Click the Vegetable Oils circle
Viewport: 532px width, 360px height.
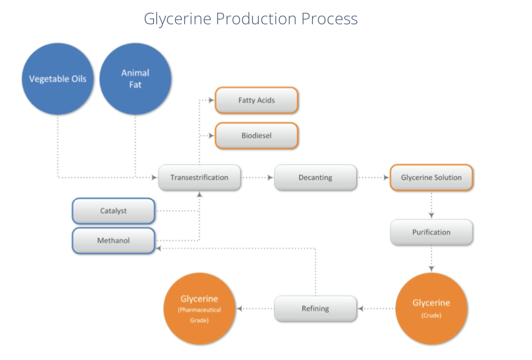click(58, 79)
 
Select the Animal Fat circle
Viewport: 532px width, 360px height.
click(135, 79)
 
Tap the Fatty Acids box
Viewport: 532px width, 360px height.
click(256, 101)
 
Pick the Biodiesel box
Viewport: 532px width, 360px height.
click(256, 136)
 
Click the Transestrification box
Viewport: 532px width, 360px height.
click(199, 178)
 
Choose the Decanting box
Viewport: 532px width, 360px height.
click(315, 178)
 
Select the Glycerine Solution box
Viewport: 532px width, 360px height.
click(431, 178)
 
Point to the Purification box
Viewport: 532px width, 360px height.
click(431, 232)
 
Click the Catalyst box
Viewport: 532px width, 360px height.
click(113, 211)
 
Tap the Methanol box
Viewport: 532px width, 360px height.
click(113, 241)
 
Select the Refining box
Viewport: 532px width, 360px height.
click(315, 308)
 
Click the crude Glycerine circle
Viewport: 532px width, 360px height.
click(431, 308)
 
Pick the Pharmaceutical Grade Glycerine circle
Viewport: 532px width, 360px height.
click(199, 308)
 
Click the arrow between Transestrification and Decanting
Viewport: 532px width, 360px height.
click(257, 178)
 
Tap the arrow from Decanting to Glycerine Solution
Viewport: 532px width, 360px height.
click(373, 178)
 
